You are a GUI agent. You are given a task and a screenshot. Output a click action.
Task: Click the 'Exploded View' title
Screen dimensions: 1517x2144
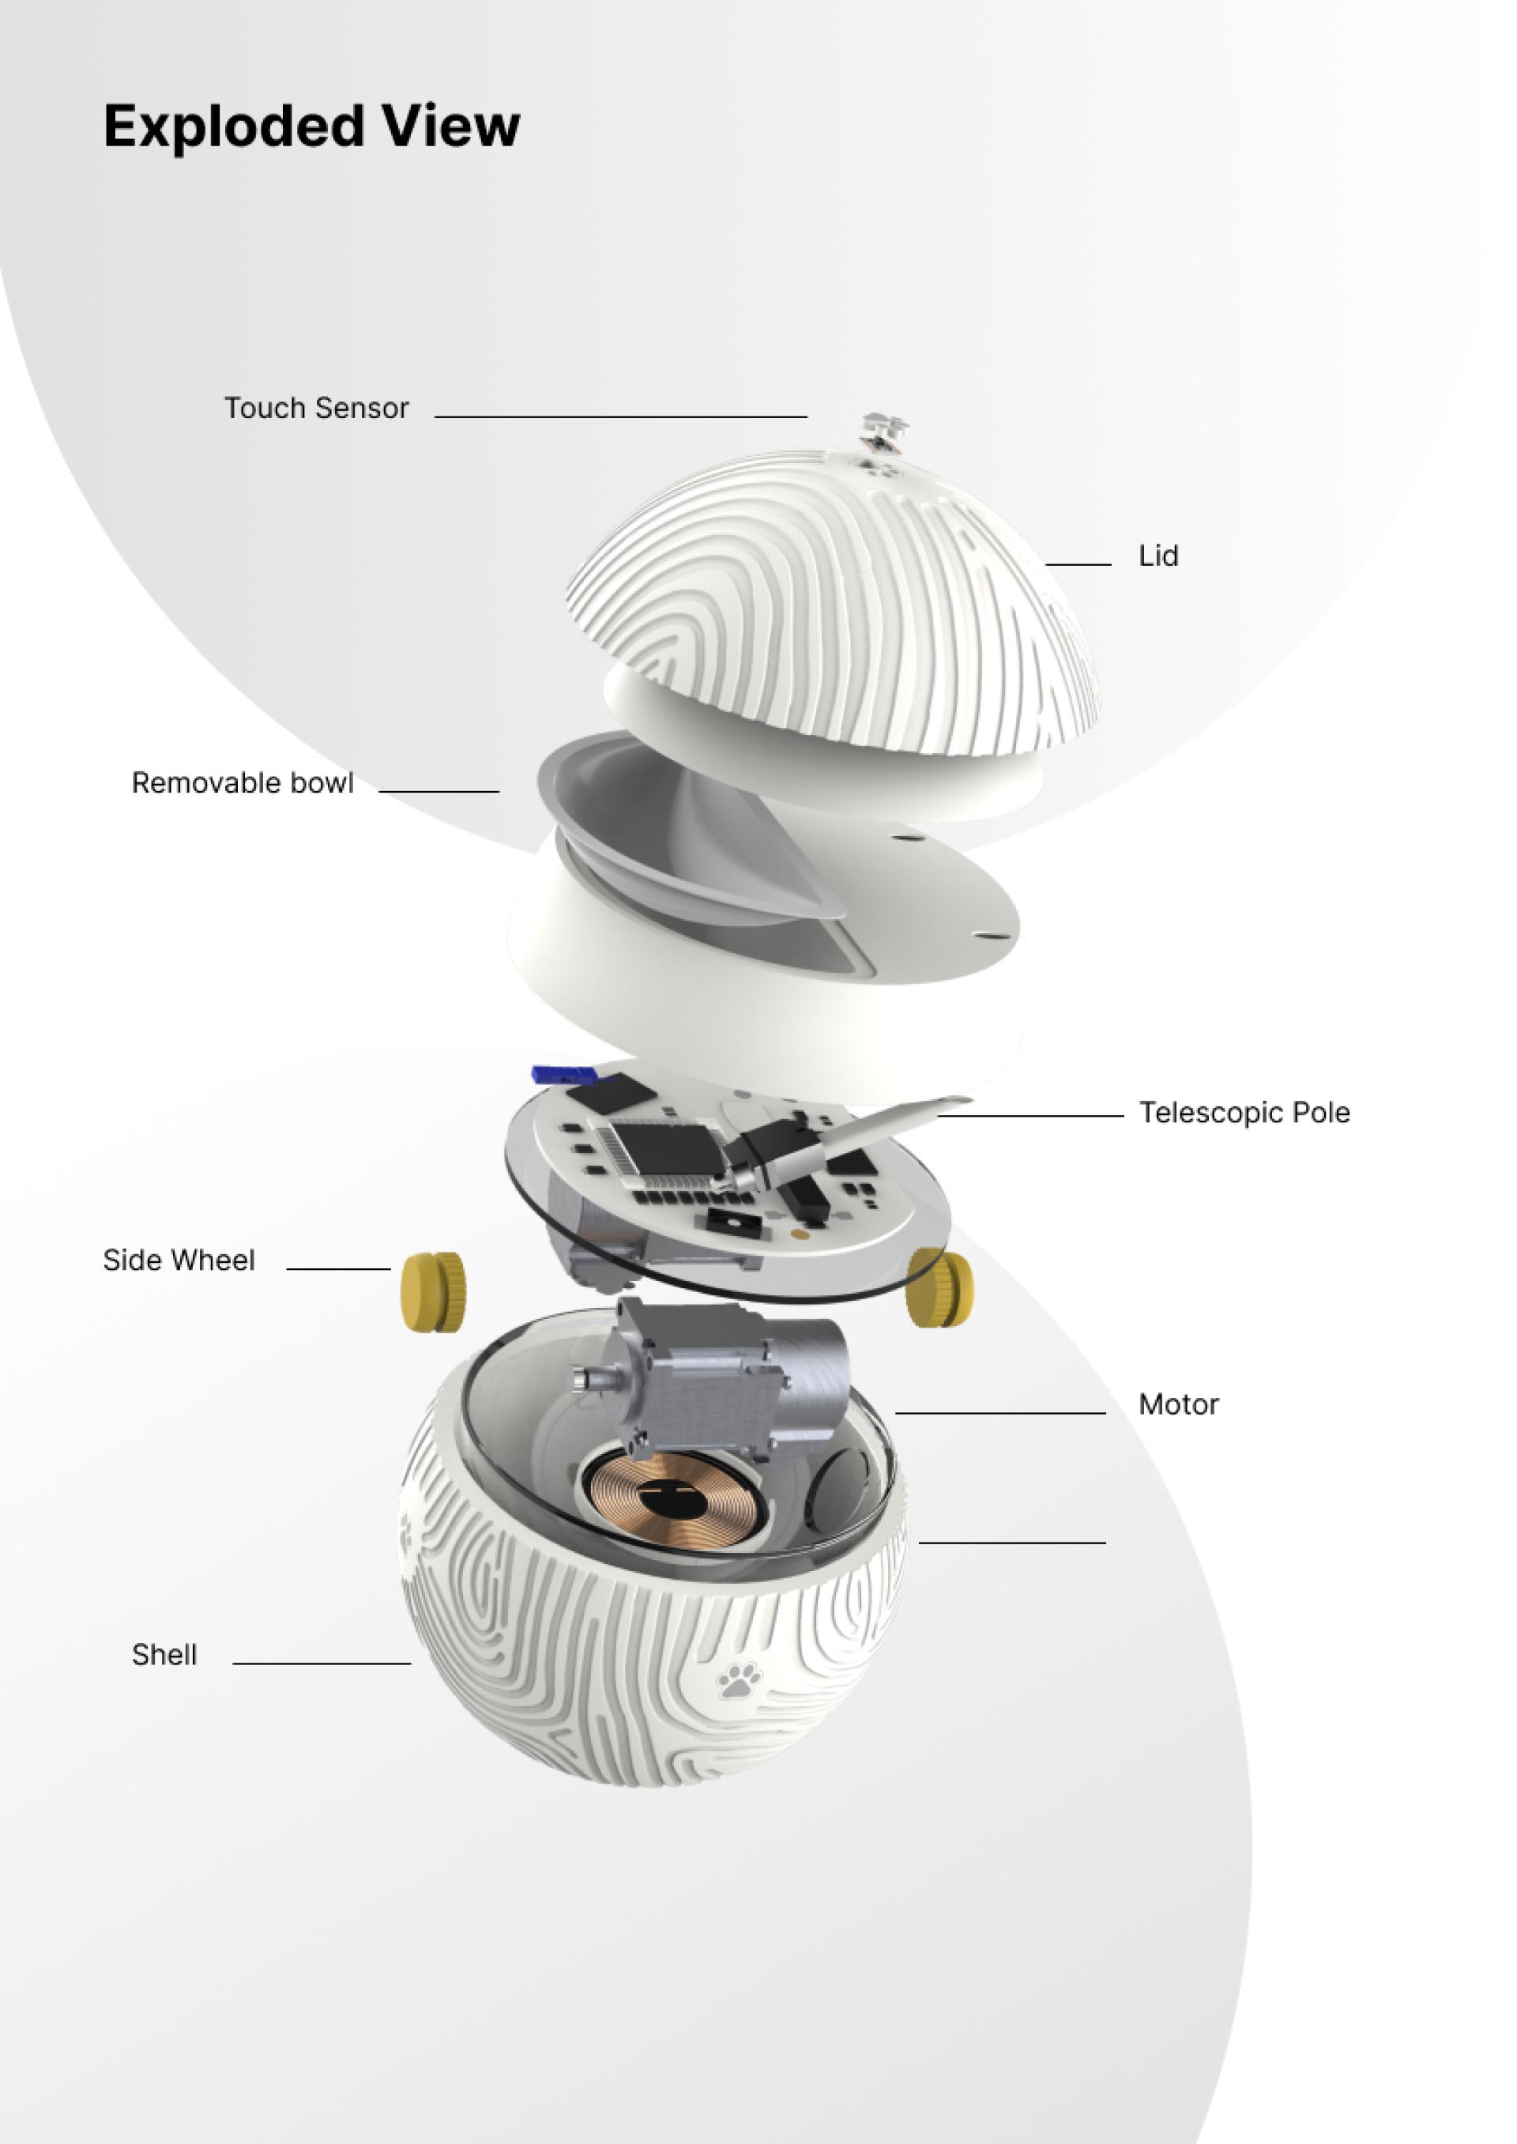[x=311, y=126]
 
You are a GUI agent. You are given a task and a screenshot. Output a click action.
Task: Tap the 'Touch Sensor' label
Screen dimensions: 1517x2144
[x=317, y=409]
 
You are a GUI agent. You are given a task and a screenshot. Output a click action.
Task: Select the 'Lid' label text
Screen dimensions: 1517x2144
[x=1158, y=556]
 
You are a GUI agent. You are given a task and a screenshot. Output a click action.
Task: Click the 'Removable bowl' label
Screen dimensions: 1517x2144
[x=243, y=783]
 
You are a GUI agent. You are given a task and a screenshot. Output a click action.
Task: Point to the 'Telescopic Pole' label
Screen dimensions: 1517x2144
[x=1244, y=1113]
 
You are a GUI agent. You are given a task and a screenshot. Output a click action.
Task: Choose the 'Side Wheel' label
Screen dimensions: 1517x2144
[x=179, y=1260]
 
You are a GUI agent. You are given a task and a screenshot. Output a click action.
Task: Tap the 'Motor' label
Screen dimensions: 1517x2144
[x=1179, y=1404]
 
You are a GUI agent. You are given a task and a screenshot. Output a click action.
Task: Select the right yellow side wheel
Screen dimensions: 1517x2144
[x=939, y=1287]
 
